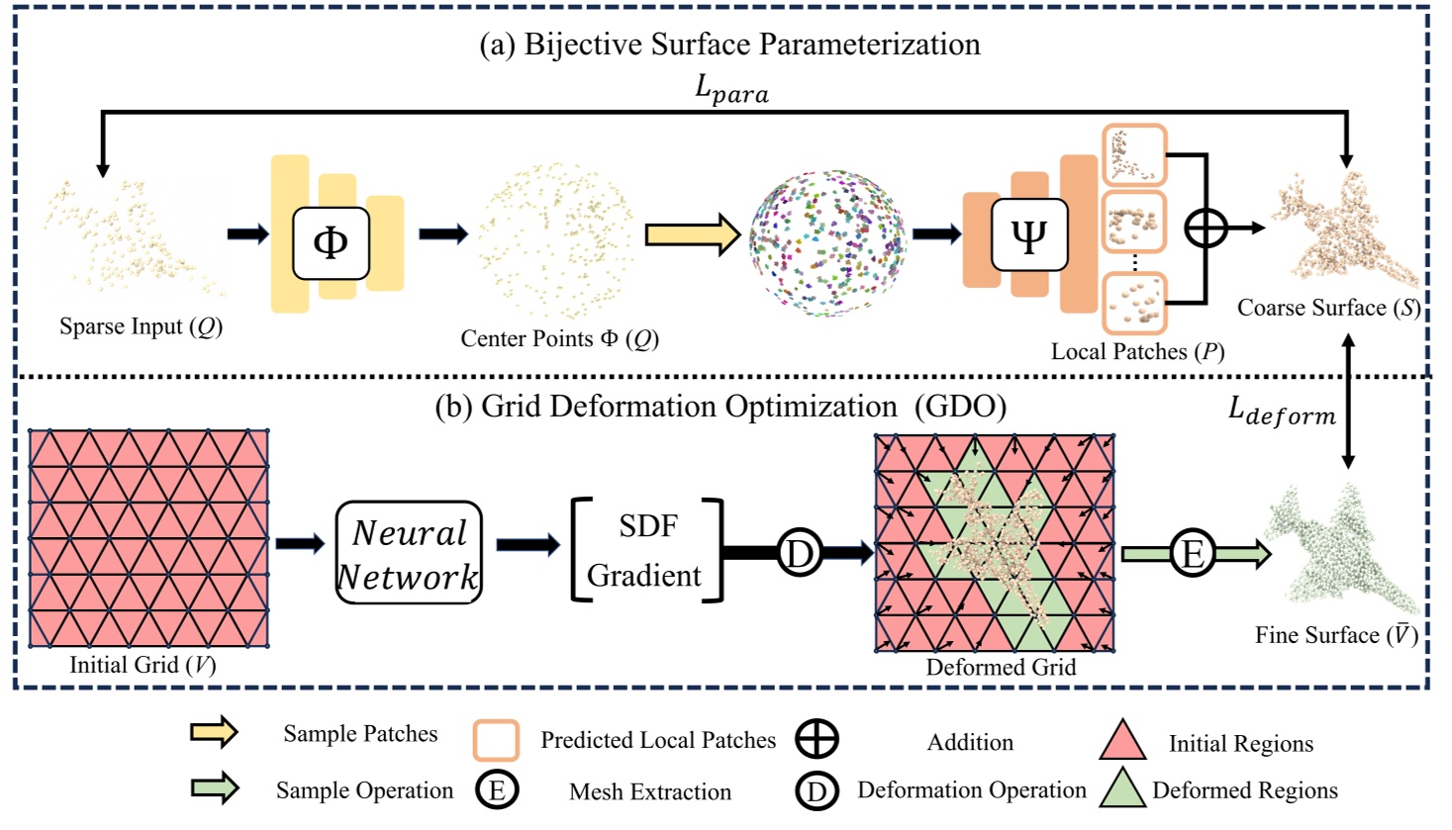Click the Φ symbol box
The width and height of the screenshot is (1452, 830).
pyautogui.click(x=331, y=242)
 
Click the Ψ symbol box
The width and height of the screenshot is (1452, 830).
pyautogui.click(x=1028, y=235)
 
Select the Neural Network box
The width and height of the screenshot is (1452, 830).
pyautogui.click(x=409, y=553)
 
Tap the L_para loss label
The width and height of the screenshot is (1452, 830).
pyautogui.click(x=731, y=89)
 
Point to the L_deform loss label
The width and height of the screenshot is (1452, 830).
pyautogui.click(x=1282, y=411)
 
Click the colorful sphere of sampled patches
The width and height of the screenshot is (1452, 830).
pyautogui.click(x=826, y=242)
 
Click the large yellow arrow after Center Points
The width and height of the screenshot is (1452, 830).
pyautogui.click(x=692, y=234)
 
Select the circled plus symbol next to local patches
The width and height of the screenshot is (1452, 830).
pyautogui.click(x=1206, y=229)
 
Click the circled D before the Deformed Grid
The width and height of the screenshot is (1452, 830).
pyautogui.click(x=799, y=552)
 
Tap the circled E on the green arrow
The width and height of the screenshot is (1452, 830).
pyautogui.click(x=1193, y=553)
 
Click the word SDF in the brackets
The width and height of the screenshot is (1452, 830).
pyautogui.click(x=648, y=526)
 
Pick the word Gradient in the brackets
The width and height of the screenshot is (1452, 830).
pyautogui.click(x=644, y=576)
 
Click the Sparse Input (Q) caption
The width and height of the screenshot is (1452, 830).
pyautogui.click(x=141, y=326)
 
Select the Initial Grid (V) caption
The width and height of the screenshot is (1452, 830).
pyautogui.click(x=143, y=665)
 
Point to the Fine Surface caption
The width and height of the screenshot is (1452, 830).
pyautogui.click(x=1335, y=635)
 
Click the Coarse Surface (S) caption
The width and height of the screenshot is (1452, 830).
pyautogui.click(x=1328, y=308)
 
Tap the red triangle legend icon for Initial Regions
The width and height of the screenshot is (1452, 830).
pyautogui.click(x=1123, y=742)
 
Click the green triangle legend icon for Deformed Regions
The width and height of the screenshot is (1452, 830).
pyautogui.click(x=1122, y=789)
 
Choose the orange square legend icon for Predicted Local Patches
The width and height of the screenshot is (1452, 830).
pyautogui.click(x=496, y=740)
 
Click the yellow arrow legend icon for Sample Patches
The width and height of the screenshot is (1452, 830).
pyautogui.click(x=214, y=732)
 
